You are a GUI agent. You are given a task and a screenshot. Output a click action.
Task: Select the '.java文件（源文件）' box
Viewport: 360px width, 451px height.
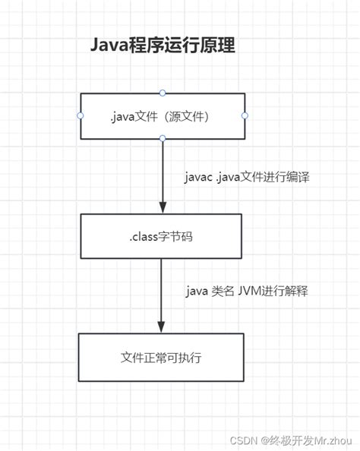click(163, 115)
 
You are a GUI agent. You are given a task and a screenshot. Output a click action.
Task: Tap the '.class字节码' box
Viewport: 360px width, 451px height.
click(162, 236)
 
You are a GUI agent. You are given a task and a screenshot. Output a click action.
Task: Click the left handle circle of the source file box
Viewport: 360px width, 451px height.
click(80, 115)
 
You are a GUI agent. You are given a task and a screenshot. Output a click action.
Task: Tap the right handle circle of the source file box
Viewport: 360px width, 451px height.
click(245, 115)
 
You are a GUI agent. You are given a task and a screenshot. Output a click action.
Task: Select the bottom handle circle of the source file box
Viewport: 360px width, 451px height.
click(163, 138)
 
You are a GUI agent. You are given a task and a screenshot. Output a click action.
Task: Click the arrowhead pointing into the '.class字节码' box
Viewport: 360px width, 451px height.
click(162, 207)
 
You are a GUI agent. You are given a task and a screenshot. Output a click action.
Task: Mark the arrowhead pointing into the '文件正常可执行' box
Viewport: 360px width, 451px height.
click(161, 326)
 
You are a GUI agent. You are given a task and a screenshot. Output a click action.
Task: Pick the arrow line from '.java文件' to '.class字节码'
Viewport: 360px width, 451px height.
click(163, 171)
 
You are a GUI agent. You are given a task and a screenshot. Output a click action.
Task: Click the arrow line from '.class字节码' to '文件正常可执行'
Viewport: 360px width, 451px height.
click(161, 292)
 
